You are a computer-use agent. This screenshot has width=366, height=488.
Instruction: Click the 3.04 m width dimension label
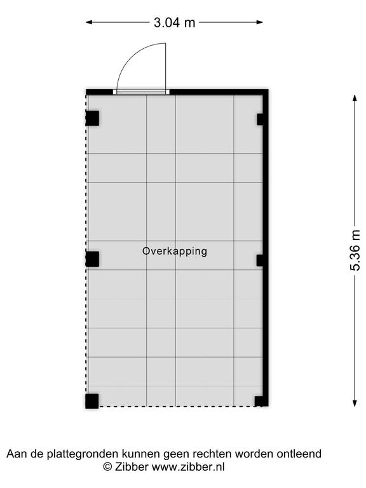pyautogui.click(x=174, y=22)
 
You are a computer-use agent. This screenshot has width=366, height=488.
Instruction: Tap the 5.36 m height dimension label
pyautogui.click(x=355, y=250)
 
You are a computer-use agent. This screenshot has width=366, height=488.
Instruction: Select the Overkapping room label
pyautogui.click(x=175, y=251)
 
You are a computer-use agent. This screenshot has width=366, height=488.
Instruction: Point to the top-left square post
pyautogui.click(x=92, y=118)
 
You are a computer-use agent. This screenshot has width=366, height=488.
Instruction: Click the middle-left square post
pyautogui.click(x=92, y=259)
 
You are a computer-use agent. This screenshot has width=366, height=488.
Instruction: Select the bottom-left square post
pyautogui.click(x=92, y=401)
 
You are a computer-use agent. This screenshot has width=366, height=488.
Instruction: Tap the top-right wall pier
pyautogui.click(x=260, y=119)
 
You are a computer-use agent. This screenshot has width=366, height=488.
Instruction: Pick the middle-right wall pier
pyautogui.click(x=260, y=260)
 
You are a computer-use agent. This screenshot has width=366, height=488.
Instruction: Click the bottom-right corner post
pyautogui.click(x=261, y=401)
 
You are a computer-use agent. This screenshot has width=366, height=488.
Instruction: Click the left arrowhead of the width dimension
pyautogui.click(x=90, y=22)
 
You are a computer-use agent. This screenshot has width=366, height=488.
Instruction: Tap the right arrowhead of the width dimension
pyautogui.click(x=259, y=22)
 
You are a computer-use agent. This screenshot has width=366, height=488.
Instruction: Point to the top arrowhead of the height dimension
pyautogui.click(x=355, y=98)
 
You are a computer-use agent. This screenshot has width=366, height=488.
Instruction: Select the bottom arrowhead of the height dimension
pyautogui.click(x=355, y=403)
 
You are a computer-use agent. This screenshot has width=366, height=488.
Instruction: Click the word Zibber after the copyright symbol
pyautogui.click(x=132, y=467)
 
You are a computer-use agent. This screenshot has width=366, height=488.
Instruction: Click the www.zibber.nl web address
pyautogui.click(x=188, y=467)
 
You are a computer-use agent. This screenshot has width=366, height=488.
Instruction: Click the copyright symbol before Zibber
pyautogui.click(x=107, y=467)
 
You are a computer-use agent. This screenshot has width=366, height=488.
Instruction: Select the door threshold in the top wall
pyautogui.click(x=141, y=91)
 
